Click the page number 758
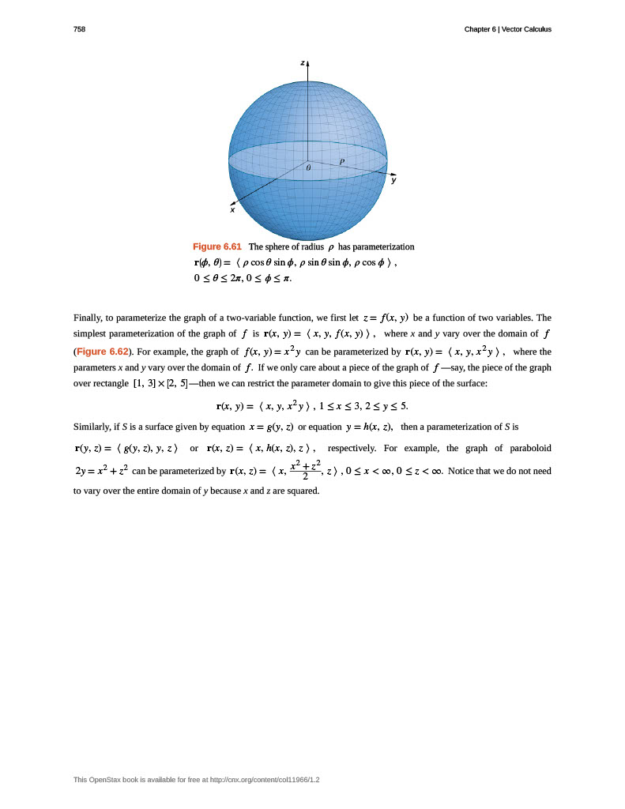(79, 29)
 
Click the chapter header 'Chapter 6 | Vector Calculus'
(507, 29)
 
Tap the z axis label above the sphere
(302, 62)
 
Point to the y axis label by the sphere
(393, 181)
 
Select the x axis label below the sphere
(232, 210)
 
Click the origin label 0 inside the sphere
(308, 167)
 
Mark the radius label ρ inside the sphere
(342, 160)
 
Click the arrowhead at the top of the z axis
(307, 60)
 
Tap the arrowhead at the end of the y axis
(393, 174)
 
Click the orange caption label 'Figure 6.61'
(216, 246)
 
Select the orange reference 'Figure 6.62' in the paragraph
(102, 352)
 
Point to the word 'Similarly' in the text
(92, 427)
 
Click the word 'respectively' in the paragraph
(352, 448)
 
